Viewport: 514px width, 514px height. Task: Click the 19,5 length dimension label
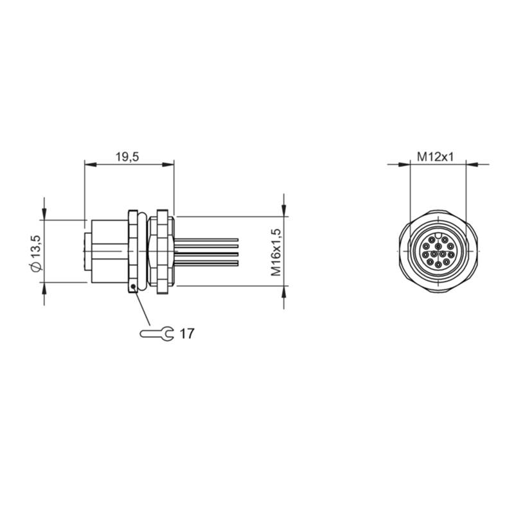click(127, 157)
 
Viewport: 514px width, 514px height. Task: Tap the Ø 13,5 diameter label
click(36, 253)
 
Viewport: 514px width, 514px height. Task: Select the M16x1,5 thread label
click(276, 252)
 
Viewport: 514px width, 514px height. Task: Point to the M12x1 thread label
click(435, 157)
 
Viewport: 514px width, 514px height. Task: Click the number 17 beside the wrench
click(187, 333)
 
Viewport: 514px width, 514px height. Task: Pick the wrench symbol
click(157, 333)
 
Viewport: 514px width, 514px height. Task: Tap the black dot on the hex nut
click(133, 287)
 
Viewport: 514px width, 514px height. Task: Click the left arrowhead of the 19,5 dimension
click(91, 164)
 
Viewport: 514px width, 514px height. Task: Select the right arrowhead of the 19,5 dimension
click(168, 164)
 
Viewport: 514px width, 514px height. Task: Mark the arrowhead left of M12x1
click(404, 164)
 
